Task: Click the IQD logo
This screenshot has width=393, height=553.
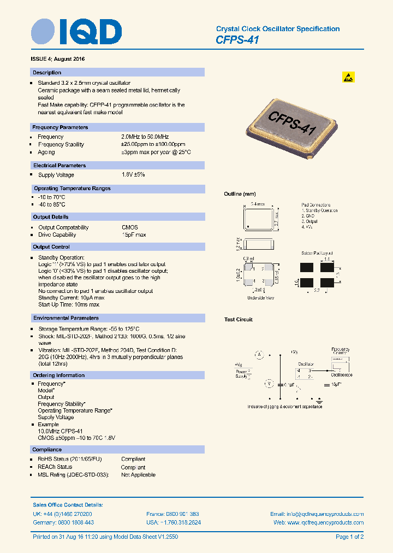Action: (76, 32)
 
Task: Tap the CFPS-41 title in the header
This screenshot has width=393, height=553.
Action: (237, 40)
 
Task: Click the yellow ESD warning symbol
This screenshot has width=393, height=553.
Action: (348, 77)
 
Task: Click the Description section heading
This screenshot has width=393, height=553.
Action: (47, 73)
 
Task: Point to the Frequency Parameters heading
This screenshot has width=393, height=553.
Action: (60, 127)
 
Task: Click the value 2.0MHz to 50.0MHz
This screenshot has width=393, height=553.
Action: (145, 137)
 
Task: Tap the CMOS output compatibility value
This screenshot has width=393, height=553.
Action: (130, 227)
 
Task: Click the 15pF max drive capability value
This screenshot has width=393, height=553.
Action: (134, 235)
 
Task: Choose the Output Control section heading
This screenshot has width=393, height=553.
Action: (51, 247)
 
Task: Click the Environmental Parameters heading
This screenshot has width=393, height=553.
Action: (65, 318)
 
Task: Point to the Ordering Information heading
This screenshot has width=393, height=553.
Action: (59, 375)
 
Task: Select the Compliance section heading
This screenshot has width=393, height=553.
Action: (47, 450)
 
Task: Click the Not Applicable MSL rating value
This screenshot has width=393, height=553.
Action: (138, 475)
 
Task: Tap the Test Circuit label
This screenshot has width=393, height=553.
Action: (239, 320)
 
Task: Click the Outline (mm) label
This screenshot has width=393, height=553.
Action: (240, 194)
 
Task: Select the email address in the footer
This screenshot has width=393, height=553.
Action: (317, 514)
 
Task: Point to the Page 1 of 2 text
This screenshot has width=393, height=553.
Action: (349, 537)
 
